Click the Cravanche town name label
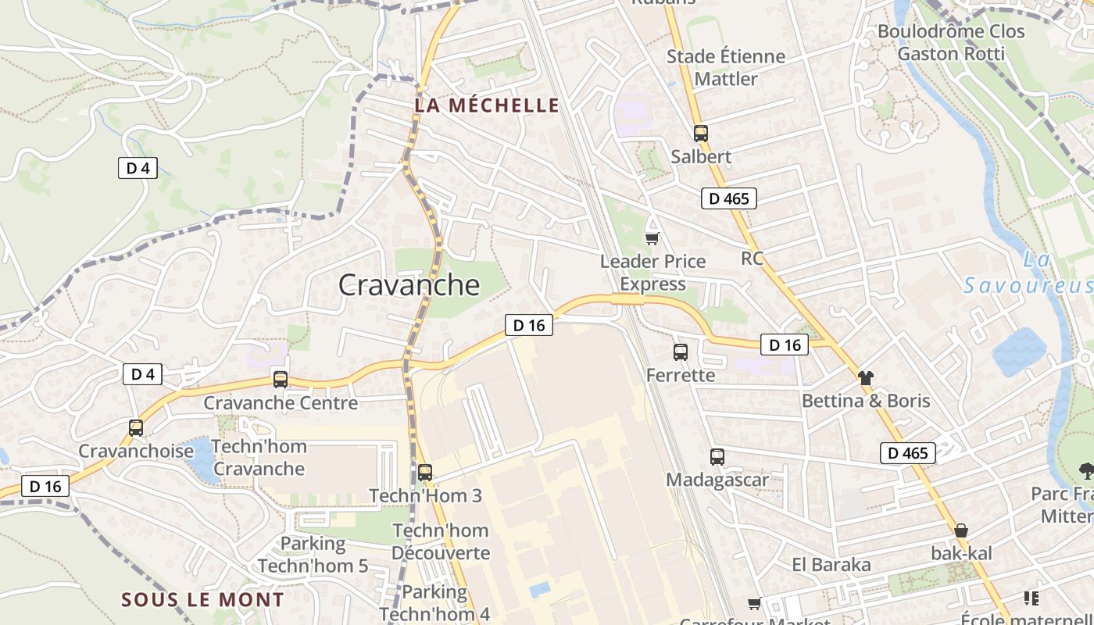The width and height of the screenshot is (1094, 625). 409,285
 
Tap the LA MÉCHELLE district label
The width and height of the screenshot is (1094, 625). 487,105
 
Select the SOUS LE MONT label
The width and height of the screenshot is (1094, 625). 202,600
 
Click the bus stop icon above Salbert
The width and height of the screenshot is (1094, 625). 700,134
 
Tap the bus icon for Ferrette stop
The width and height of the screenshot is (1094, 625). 681,352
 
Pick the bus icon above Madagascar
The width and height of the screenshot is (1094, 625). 717,457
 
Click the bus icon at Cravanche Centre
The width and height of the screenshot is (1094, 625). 281,380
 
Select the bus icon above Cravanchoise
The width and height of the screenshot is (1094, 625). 136,428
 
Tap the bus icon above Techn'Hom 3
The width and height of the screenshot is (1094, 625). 425,473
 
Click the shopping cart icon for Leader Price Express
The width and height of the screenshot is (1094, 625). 652,238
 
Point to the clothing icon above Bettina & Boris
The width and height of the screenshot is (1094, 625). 865,378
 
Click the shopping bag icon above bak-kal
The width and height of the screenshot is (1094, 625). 961,530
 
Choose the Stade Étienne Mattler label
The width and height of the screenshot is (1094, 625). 726,68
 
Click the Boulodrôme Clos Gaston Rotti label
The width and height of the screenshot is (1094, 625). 951,42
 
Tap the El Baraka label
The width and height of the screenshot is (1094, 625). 831,565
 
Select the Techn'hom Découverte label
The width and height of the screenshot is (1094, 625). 441,541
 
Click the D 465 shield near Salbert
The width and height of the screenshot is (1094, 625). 729,198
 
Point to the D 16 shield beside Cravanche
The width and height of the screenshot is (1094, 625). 529,325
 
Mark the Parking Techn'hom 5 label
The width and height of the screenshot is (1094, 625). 313,555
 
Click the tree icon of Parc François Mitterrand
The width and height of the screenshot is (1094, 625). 1085,470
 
